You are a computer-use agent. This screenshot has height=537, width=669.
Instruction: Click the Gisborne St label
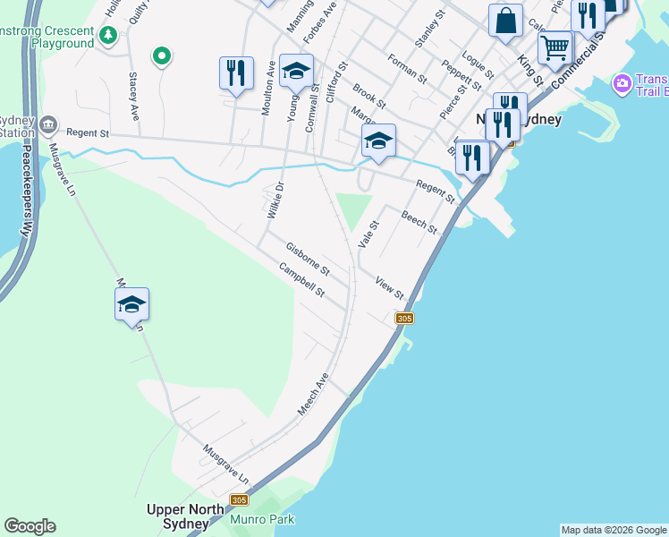point(308,259)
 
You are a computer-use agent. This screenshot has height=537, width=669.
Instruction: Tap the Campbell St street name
point(301,280)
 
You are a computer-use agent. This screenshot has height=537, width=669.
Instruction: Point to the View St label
point(390,287)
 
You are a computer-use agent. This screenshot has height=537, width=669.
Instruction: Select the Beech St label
point(419,222)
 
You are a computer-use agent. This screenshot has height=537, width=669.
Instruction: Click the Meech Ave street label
point(314,395)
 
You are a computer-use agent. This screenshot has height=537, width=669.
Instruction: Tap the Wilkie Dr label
point(275,200)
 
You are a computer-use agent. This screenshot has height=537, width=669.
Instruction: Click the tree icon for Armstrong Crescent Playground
point(108,36)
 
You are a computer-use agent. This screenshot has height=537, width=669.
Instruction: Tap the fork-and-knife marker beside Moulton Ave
point(236,72)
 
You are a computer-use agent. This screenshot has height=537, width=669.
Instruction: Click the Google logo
point(30,526)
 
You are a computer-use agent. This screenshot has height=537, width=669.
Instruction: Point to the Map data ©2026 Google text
point(613,530)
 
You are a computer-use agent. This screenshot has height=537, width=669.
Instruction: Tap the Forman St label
point(407,69)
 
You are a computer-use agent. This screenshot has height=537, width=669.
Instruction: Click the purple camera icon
point(621,84)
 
